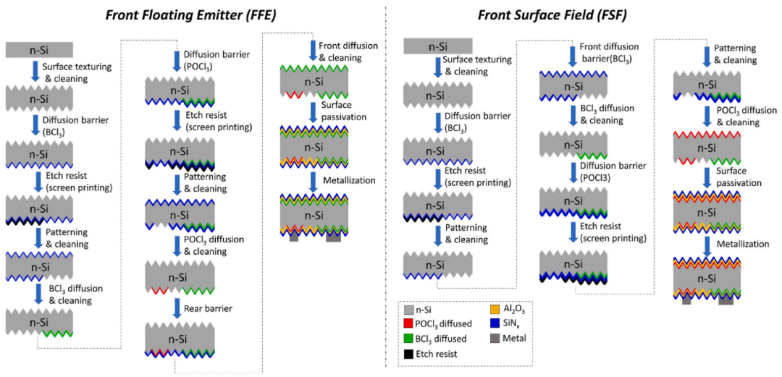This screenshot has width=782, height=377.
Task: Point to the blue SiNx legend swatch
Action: [x=483, y=323]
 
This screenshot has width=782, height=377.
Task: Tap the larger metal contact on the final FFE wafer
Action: [x=334, y=237]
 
